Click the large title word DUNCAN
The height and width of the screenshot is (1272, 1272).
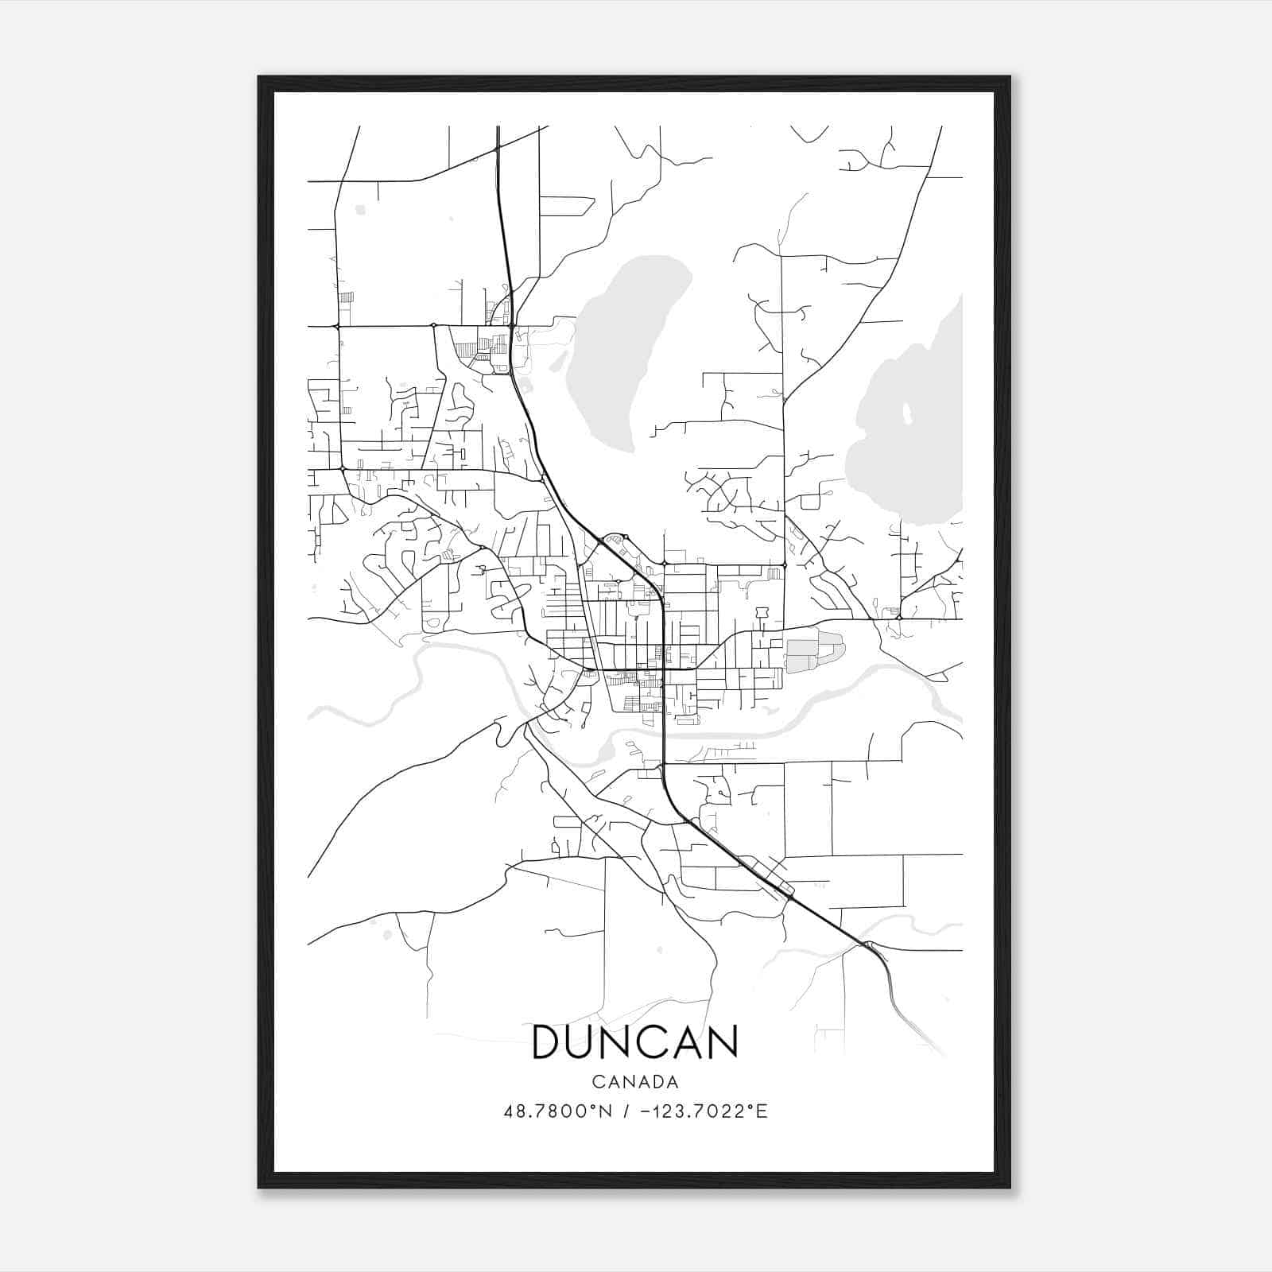pos(634,1042)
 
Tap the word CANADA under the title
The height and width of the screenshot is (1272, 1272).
pos(635,1082)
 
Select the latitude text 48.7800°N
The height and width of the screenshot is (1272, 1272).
pos(558,1111)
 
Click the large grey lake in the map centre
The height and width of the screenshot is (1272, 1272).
pos(628,350)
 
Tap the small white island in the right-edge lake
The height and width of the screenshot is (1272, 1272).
pos(906,413)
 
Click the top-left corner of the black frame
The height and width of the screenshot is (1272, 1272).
pos(260,78)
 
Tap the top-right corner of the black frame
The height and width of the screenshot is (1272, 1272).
pos(1009,78)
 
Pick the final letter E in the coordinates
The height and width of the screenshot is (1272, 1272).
pos(762,1111)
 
